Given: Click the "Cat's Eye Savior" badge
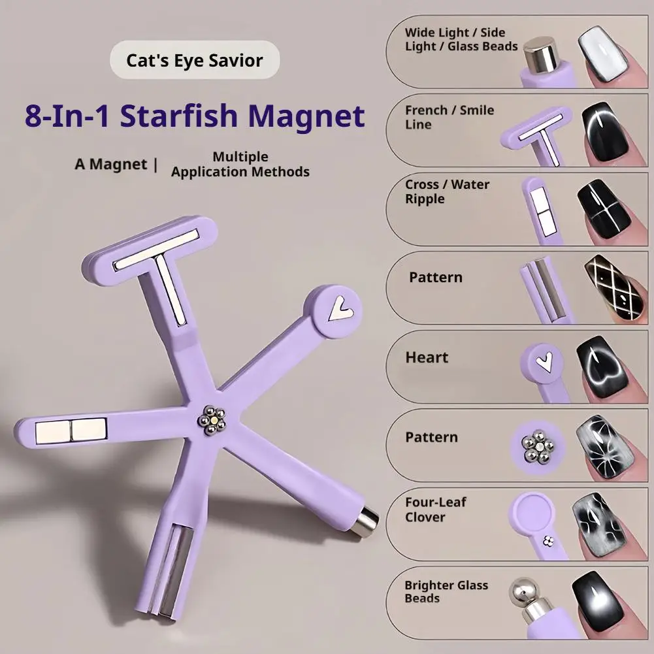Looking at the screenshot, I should (x=194, y=61).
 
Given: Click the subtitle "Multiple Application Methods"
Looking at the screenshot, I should (x=240, y=165).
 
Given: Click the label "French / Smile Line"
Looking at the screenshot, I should (x=449, y=117).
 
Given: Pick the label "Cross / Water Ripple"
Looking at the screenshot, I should (x=446, y=191).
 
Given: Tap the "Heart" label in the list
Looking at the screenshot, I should (x=427, y=357).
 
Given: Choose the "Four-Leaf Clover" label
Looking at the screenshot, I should (x=435, y=510).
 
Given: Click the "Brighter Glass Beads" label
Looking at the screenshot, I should (x=446, y=592).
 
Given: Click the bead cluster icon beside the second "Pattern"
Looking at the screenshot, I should (x=537, y=446).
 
